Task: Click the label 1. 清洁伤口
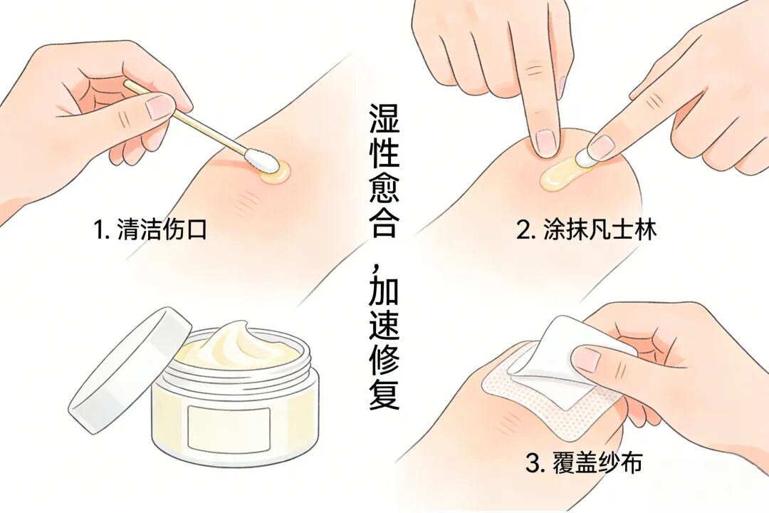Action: (x=150, y=229)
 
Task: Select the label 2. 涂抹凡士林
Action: (x=586, y=229)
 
